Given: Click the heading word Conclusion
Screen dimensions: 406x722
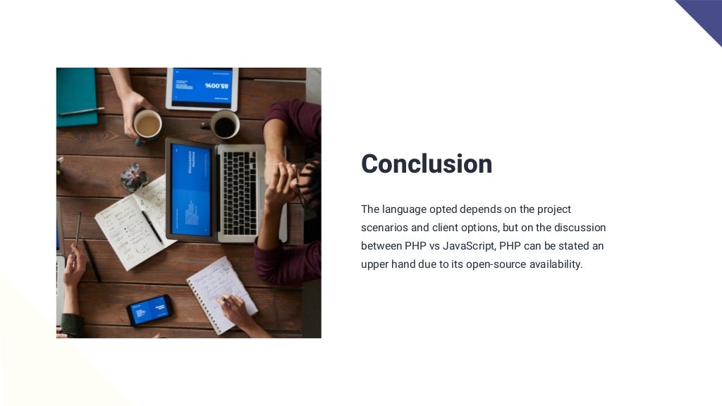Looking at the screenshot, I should pos(427,164).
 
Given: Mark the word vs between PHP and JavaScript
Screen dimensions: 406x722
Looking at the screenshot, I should pos(434,246).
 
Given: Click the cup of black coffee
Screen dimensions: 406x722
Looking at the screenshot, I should pos(225,125).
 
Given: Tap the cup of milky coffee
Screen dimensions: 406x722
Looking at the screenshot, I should pos(147,125).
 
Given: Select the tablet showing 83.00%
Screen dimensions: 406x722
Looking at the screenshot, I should pos(202,88).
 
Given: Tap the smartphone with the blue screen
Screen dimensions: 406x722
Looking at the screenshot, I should pos(149,309).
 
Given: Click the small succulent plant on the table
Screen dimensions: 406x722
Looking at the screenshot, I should pos(134,177).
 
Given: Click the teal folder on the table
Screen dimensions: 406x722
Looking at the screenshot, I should pos(76,96).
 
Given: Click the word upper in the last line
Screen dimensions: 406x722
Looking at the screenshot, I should pos(376,265).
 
